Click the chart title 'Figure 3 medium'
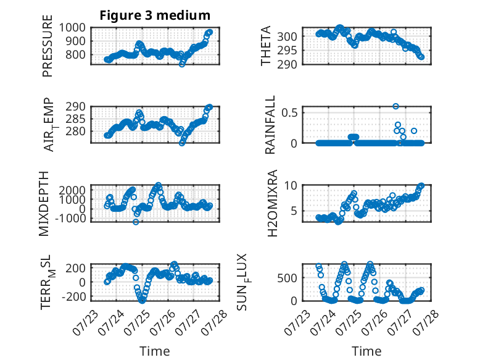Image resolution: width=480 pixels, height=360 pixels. click(155, 15)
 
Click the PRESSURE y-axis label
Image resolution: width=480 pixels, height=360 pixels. click(48, 46)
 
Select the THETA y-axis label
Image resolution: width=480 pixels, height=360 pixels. click(266, 46)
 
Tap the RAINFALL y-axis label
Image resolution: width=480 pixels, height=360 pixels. click(270, 125)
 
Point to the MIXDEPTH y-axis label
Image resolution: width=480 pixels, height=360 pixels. click(44, 204)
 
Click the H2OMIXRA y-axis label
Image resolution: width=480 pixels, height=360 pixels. click(273, 203)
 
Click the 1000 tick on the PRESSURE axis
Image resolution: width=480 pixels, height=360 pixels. click(72, 28)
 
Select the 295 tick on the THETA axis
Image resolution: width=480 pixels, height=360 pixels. click(287, 51)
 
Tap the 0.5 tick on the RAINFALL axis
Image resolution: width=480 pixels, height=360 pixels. click(289, 112)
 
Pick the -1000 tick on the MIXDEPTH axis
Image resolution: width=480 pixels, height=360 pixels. click(70, 219)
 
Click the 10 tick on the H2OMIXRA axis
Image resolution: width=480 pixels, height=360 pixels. click(291, 185)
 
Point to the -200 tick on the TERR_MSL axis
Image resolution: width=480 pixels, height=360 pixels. click(74, 296)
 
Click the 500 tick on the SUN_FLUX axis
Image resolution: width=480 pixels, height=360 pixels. click(287, 278)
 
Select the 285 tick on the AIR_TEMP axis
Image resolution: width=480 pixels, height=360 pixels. click(76, 119)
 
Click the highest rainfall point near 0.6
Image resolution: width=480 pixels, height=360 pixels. click(396, 106)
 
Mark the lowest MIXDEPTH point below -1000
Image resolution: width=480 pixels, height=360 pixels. click(136, 222)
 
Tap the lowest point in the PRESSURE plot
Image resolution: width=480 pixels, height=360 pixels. click(182, 64)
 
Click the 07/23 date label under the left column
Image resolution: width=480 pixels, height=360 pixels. click(86, 322)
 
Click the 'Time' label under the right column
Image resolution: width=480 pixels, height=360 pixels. click(366, 351)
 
